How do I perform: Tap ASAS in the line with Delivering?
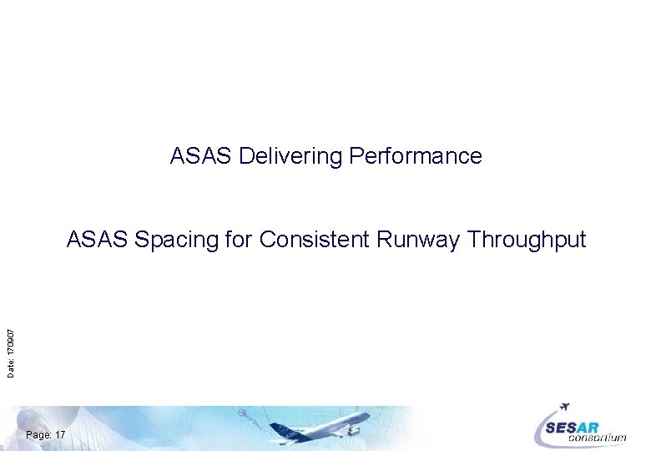[201, 156]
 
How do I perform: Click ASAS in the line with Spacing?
[98, 241]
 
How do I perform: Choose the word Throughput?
[527, 241]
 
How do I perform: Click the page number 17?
[60, 435]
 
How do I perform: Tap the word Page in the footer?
[38, 435]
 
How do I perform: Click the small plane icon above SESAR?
[565, 407]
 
